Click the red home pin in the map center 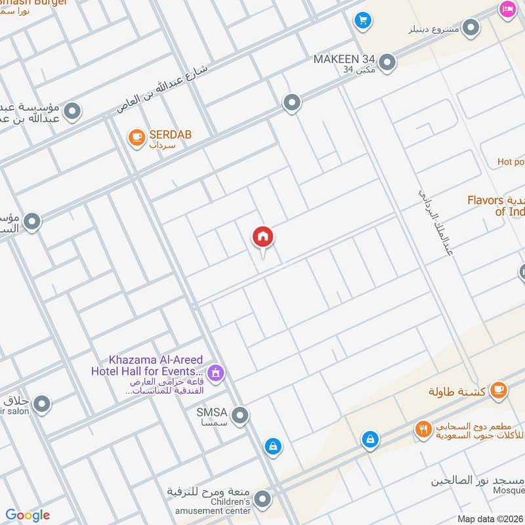pos(262,237)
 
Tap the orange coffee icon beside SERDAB pos(136,137)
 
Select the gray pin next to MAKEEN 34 pos(388,62)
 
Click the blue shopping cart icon pos(362,21)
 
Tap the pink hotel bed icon pos(507,9)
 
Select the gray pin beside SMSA pos(241,415)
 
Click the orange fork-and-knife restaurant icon pos(423,430)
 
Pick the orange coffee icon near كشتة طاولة pos(499,390)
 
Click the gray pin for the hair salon pos(41,404)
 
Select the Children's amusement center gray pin pos(262,500)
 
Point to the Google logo pos(28,515)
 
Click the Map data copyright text pos(490,518)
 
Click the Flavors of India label pos(495,205)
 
